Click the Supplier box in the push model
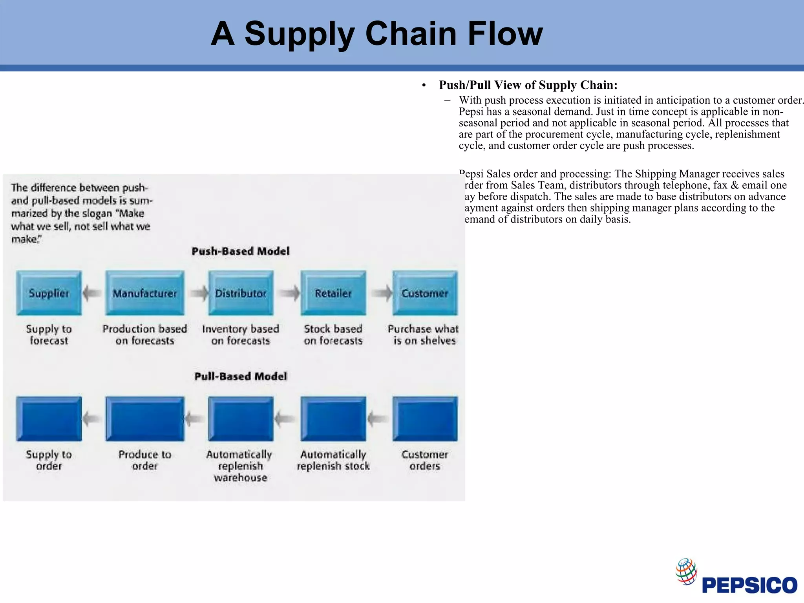[49, 293]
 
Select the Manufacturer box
[144, 293]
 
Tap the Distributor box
[241, 293]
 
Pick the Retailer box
[333, 293]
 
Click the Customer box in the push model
[425, 293]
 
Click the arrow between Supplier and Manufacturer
[93, 293]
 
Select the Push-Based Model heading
[241, 251]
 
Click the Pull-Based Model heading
[241, 376]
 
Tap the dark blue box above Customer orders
[425, 418]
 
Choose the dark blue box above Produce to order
[144, 418]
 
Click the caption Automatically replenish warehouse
[240, 466]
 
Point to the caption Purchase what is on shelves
[424, 334]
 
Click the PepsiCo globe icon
[686, 571]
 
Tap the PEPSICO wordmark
[749, 585]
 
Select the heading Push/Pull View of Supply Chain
[528, 85]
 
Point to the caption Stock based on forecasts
[333, 334]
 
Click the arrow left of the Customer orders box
[378, 419]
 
